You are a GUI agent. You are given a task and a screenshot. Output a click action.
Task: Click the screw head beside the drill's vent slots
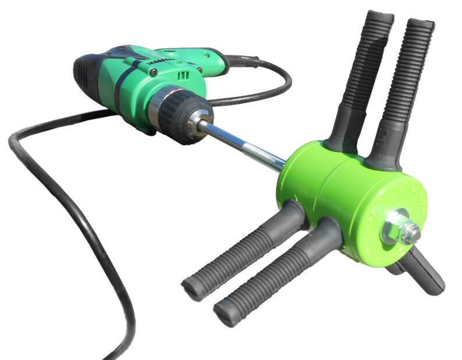[154, 72]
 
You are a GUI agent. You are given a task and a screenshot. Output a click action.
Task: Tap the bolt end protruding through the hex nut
[411, 233]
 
